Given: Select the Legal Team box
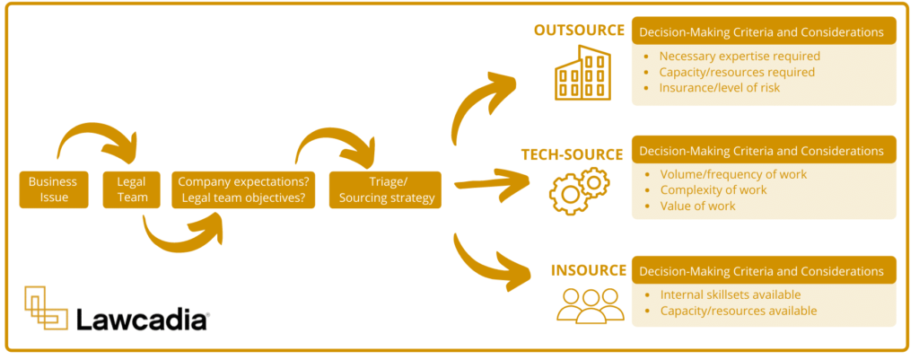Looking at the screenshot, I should click(131, 189).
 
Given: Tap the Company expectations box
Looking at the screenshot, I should click(243, 189).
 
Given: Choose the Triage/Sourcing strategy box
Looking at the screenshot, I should click(385, 189).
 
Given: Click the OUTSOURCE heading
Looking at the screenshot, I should click(579, 31).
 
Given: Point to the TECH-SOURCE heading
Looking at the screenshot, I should click(572, 154).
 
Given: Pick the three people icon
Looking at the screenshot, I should click(590, 305).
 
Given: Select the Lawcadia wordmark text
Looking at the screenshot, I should click(142, 319).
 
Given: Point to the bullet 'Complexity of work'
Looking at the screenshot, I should click(713, 189).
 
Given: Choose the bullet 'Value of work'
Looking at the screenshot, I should click(697, 206).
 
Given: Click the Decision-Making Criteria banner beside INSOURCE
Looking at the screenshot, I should click(764, 271).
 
